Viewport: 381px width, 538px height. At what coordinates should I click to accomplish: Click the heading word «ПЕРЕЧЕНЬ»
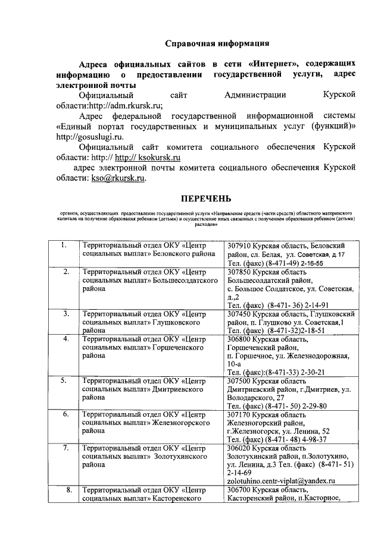[x=206, y=198]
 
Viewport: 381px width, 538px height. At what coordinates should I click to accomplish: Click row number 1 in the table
[x=63, y=246]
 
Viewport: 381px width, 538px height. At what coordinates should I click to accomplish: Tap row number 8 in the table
[x=69, y=490]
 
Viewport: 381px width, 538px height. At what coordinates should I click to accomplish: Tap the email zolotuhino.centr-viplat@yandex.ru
[x=282, y=481]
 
